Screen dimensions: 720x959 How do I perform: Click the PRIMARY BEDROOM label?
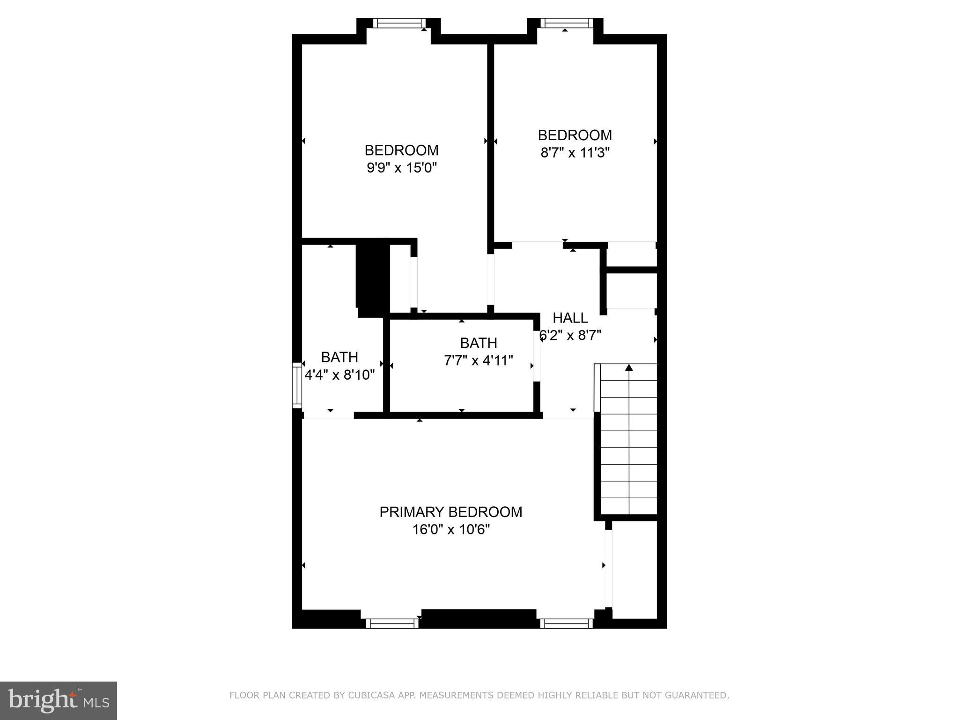tap(450, 512)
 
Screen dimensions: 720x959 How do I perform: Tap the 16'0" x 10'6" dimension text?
tap(450, 530)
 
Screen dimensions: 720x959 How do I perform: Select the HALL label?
tap(570, 318)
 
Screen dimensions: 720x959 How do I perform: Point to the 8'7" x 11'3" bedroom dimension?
tap(575, 153)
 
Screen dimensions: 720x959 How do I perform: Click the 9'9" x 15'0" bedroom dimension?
tap(401, 168)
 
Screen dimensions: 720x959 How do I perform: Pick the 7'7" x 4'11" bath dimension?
tap(478, 360)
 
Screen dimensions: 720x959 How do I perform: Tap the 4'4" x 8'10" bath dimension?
tap(339, 375)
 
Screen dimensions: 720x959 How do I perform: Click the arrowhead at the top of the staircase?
tap(629, 367)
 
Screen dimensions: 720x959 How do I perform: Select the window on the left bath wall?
tap(297, 384)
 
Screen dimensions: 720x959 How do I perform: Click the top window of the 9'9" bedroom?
tap(399, 23)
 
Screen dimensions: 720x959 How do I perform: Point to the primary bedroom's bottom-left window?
tap(392, 623)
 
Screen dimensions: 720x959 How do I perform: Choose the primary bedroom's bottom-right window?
tap(566, 623)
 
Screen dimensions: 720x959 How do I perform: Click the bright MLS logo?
tap(59, 700)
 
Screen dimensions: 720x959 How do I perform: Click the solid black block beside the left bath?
tap(373, 280)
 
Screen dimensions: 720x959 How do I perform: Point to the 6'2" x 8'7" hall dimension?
tap(570, 336)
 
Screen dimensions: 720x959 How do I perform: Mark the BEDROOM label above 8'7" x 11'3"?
tap(575, 135)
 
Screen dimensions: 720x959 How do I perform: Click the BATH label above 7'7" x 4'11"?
tap(478, 343)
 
